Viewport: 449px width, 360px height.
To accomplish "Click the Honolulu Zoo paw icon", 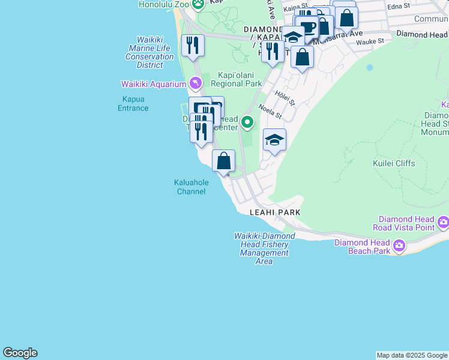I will click(197, 4).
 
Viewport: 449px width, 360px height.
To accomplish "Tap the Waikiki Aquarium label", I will click(153, 83).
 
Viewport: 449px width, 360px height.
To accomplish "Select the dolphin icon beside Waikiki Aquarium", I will click(194, 83).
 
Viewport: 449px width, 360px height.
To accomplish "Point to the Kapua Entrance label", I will click(134, 103).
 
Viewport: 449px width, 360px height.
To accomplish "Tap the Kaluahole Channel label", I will click(191, 187).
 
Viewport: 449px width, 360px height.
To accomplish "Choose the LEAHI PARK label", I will click(275, 212).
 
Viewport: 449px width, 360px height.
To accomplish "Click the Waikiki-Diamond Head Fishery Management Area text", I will click(264, 248).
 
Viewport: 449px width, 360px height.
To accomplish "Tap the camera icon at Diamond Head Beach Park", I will click(399, 246).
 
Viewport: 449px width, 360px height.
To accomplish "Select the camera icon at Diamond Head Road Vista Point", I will click(443, 223).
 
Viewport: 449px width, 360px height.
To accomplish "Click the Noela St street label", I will click(270, 110).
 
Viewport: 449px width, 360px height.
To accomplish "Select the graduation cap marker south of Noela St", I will click(274, 140).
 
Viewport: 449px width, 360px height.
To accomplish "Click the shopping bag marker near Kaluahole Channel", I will click(223, 161).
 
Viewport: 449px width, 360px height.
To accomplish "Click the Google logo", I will click(20, 353).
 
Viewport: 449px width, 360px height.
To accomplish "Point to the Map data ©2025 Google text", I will click(412, 355).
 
